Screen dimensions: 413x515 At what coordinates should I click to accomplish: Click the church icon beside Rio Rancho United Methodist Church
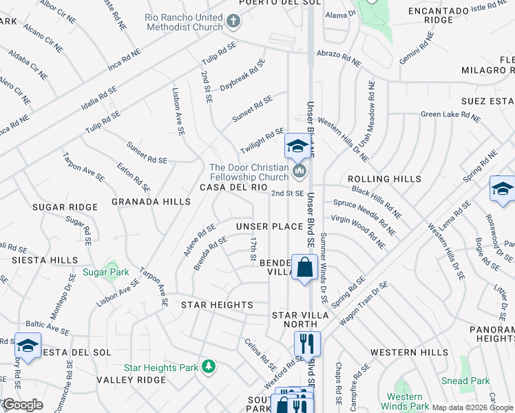[x=233, y=21]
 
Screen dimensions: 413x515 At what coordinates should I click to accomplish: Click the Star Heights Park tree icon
[x=208, y=368]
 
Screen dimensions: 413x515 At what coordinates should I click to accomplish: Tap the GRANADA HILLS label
[x=151, y=202]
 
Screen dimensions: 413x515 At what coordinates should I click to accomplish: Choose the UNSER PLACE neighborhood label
[x=269, y=226]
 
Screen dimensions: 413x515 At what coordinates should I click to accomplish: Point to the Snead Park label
[x=465, y=381]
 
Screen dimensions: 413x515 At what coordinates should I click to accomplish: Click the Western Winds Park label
[x=404, y=401]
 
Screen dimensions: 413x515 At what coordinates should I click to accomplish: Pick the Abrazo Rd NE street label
[x=338, y=57]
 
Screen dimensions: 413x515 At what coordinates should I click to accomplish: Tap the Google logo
[x=22, y=405]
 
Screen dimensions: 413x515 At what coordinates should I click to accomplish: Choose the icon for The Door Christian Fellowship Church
[x=299, y=170]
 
